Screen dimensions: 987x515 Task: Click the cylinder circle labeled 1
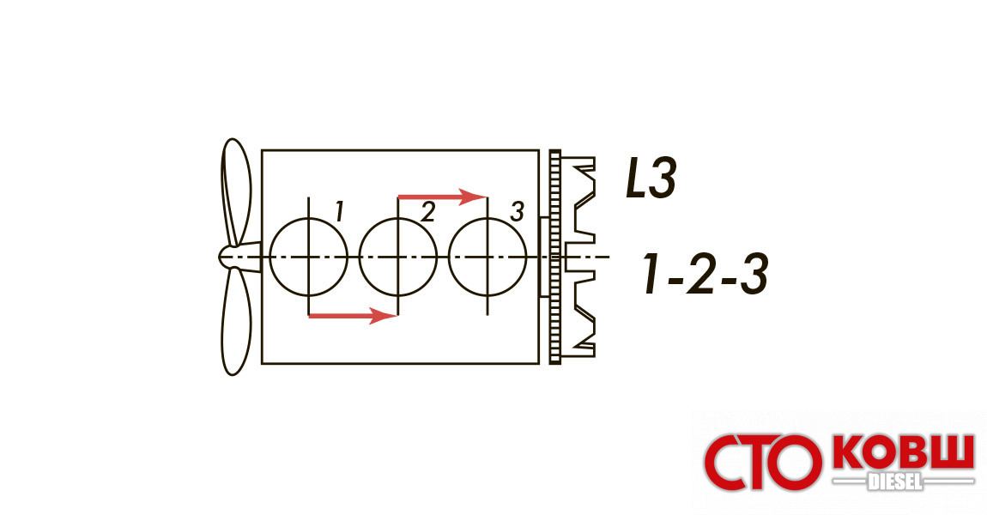[x=270, y=257]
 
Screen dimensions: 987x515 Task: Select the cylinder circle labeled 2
[x=360, y=257]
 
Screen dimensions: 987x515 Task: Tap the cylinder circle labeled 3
[x=449, y=257]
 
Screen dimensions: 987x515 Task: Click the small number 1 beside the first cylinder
[x=339, y=212]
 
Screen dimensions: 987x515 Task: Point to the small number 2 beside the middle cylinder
[x=427, y=212]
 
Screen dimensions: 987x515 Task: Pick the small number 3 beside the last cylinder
[x=517, y=212]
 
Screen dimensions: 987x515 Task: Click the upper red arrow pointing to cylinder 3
[x=443, y=197]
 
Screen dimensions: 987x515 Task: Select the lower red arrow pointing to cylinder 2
[x=353, y=315]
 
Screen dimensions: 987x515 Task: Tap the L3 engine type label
[x=651, y=179]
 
